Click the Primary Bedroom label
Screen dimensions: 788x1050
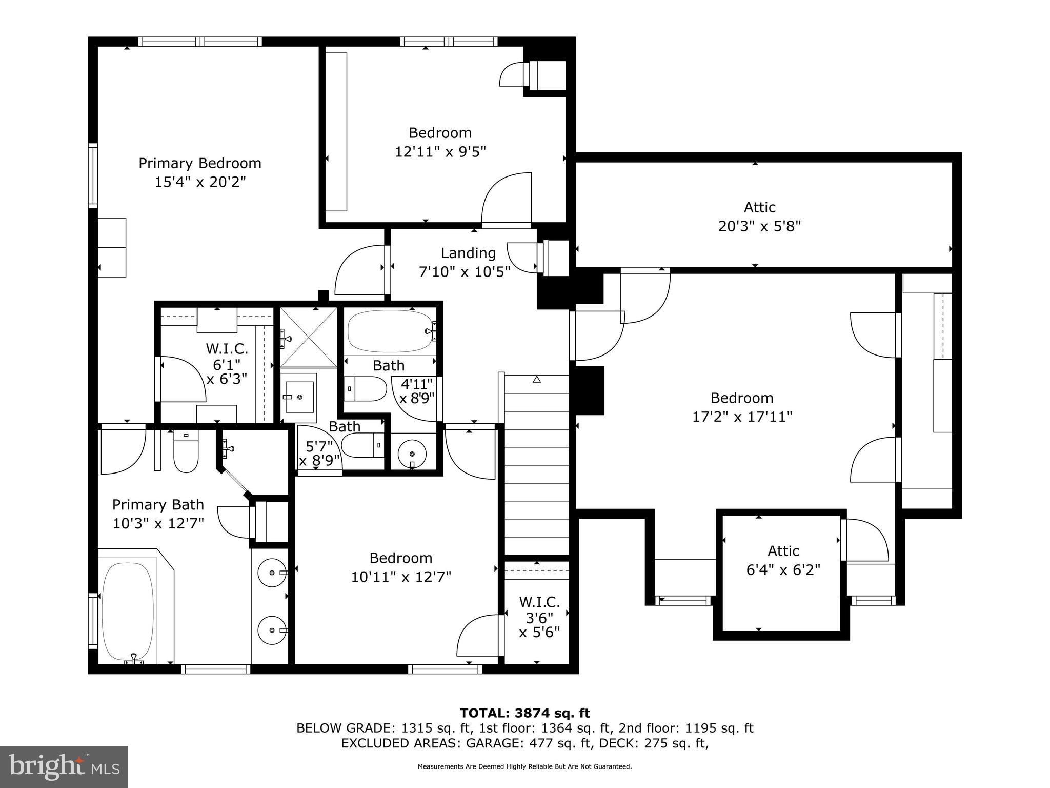tap(200, 163)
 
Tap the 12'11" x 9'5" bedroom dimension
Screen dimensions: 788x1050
tap(440, 152)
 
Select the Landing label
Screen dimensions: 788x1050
tap(468, 253)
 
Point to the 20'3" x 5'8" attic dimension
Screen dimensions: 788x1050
tap(759, 226)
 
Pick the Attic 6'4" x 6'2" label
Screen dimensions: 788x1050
tap(783, 560)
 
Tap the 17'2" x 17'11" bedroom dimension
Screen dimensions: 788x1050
tap(742, 417)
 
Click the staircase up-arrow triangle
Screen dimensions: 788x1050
tap(537, 380)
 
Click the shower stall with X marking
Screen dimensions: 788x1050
tap(308, 338)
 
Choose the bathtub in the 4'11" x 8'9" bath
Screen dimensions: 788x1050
tap(390, 331)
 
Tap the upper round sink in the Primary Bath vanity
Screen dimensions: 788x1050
tap(272, 573)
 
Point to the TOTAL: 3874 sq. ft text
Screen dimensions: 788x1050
tap(524, 713)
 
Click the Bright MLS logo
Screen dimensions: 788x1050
tap(64, 766)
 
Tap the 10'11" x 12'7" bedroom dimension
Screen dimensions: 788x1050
tap(401, 577)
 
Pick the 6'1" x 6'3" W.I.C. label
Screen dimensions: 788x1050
tap(227, 364)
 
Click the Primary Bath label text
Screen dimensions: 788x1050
tap(158, 505)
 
